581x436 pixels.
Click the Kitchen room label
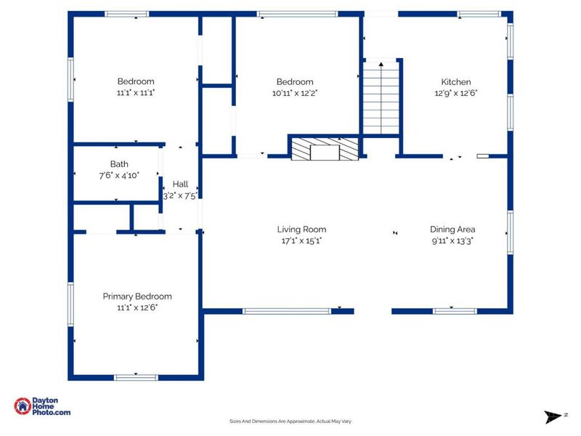click(456, 82)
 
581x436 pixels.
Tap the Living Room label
click(301, 230)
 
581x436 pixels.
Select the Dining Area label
click(452, 230)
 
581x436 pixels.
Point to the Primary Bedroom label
click(137, 296)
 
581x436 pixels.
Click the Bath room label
click(119, 164)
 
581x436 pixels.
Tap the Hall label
click(180, 185)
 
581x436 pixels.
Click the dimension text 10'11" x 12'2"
click(295, 93)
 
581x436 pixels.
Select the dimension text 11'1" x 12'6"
click(137, 307)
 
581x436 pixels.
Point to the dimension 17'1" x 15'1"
click(301, 241)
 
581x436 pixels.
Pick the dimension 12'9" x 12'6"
click(456, 93)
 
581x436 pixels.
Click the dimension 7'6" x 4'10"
click(119, 175)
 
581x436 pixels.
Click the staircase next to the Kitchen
click(381, 98)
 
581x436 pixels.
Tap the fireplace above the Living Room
click(325, 149)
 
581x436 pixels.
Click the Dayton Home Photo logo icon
click(23, 406)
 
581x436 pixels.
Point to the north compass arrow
click(553, 416)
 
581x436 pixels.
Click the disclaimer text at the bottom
click(290, 421)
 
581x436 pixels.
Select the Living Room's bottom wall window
click(286, 311)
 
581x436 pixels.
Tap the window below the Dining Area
click(455, 311)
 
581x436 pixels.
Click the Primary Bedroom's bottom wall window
click(136, 377)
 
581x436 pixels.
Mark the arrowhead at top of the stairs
click(381, 64)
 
